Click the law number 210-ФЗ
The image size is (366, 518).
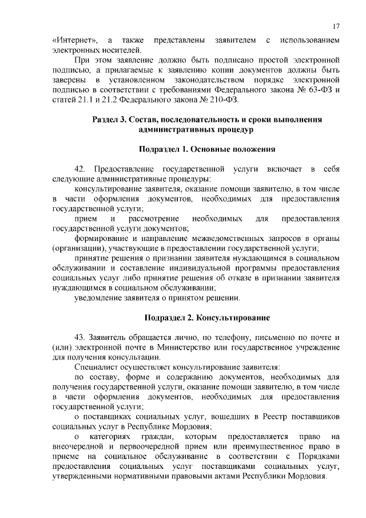click(x=221, y=101)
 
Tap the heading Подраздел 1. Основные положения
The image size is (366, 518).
click(x=207, y=149)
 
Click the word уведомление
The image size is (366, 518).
click(x=97, y=298)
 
